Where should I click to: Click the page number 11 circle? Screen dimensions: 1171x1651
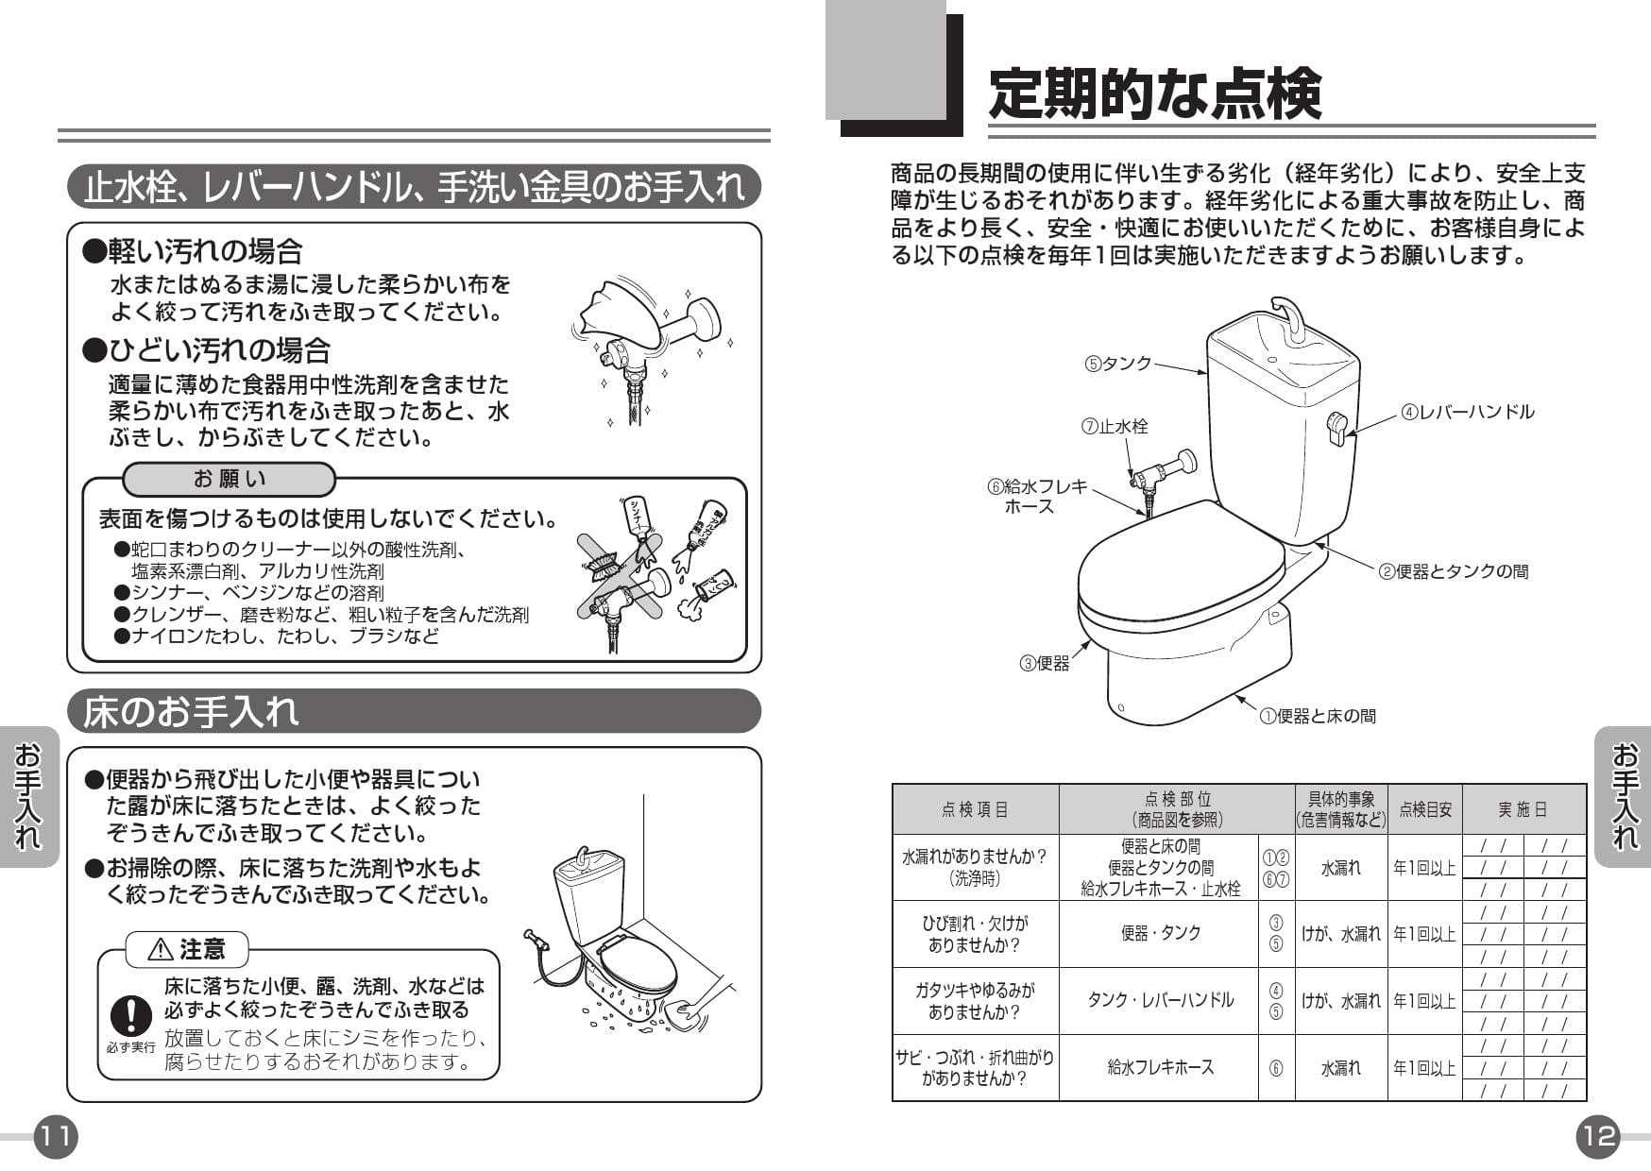tap(56, 1136)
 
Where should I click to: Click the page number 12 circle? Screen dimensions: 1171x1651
tap(1598, 1136)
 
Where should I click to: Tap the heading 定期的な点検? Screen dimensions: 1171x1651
tap(1154, 94)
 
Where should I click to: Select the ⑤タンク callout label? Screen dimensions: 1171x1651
tap(1119, 364)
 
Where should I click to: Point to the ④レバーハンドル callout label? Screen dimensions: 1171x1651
tap(1468, 412)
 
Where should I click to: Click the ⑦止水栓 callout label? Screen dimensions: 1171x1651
tap(1115, 427)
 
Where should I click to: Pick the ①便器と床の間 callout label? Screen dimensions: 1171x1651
tap(1318, 716)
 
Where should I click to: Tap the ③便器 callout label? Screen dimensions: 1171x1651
tap(1045, 664)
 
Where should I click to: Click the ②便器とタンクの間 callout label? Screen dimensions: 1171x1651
tap(1454, 571)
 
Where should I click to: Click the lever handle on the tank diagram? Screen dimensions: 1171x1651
tap(1337, 428)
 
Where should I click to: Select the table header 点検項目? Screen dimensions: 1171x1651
tap(975, 809)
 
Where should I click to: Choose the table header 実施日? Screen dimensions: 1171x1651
tap(1523, 809)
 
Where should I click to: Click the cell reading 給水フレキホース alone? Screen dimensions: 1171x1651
tap(1160, 1067)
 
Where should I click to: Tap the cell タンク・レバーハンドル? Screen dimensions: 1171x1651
tap(1160, 1000)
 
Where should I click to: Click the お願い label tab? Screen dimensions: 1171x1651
tap(230, 480)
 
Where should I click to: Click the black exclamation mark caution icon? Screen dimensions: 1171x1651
tap(130, 1016)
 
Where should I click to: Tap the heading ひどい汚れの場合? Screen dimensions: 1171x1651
tap(208, 350)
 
